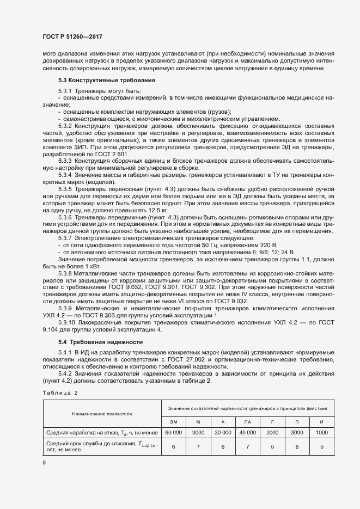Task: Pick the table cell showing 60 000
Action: tap(174, 432)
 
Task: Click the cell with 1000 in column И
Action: tap(321, 432)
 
